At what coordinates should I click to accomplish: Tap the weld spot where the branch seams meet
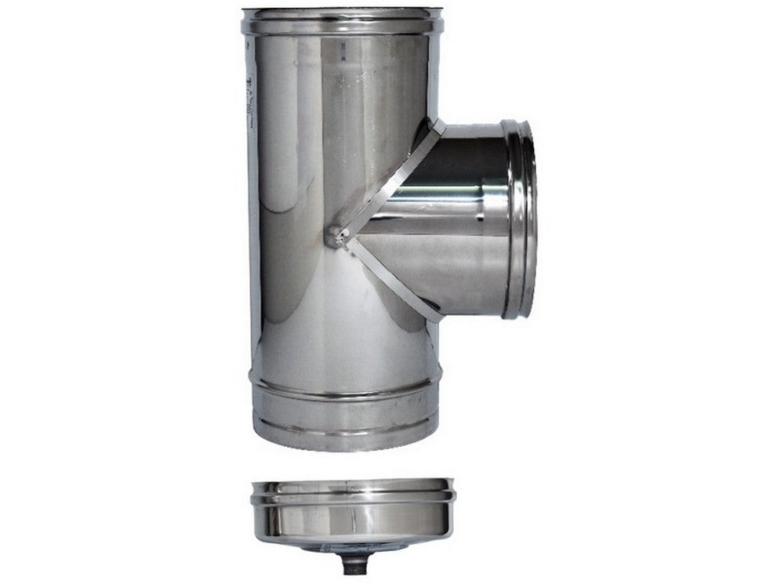(336, 234)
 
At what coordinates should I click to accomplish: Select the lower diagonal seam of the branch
(392, 278)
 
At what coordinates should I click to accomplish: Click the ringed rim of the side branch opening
(519, 219)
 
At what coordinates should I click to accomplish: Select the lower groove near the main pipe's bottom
(345, 424)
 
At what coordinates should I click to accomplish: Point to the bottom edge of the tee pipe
(345, 447)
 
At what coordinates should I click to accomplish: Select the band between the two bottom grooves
(345, 403)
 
